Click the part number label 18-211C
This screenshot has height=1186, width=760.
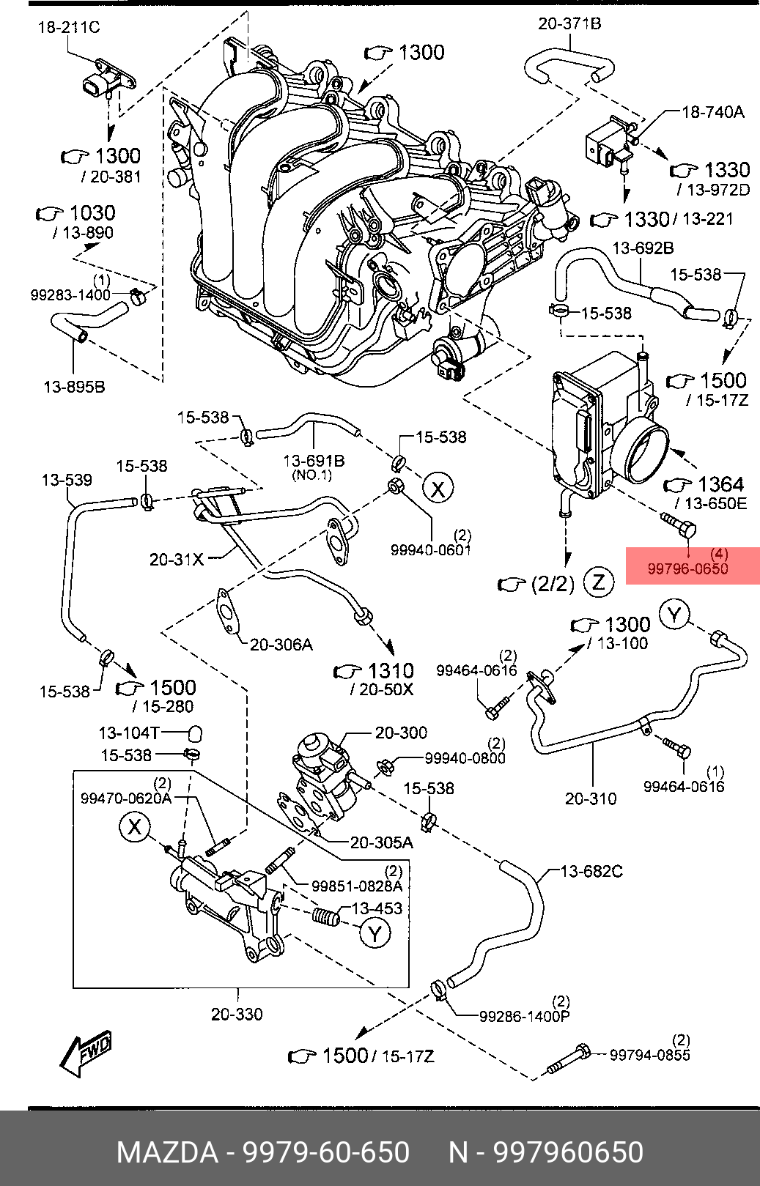tap(68, 27)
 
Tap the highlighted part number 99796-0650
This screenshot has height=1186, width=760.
tap(687, 569)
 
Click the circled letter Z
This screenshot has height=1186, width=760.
tap(599, 583)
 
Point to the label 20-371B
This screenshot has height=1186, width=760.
tap(570, 24)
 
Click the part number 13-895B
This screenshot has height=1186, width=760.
tap(74, 387)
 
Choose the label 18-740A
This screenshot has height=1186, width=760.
tap(712, 112)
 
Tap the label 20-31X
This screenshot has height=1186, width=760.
tap(177, 559)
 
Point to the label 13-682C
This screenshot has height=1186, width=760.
tap(591, 871)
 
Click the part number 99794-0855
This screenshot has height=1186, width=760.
tap(650, 1055)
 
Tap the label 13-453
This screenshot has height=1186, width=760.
tap(377, 908)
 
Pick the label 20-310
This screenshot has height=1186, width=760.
tap(591, 798)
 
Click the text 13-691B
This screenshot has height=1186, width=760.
tap(314, 461)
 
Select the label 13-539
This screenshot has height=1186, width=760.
tap(67, 480)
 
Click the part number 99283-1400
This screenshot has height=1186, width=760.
tap(70, 295)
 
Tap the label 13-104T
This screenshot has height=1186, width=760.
tap(129, 733)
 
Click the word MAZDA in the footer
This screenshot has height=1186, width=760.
tap(167, 1152)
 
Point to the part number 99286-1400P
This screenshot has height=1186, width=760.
tap(525, 1016)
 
